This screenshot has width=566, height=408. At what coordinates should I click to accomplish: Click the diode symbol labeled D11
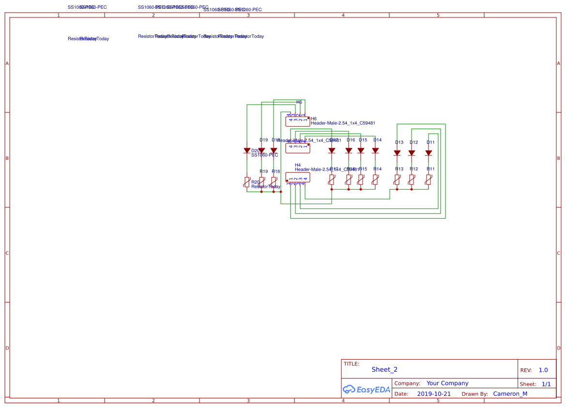(428, 152)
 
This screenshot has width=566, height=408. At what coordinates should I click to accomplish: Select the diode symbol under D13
(397, 152)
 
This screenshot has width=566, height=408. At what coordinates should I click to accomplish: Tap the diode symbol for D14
(375, 151)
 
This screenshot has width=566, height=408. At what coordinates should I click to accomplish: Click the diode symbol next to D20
(247, 151)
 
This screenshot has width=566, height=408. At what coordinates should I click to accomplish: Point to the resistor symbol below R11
(428, 180)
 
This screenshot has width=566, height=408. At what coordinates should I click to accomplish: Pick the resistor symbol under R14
(375, 180)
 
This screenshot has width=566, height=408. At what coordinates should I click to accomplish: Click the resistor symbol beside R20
(247, 182)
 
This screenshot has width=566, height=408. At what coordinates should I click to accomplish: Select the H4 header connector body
(298, 178)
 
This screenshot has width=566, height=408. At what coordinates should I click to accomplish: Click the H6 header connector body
(298, 121)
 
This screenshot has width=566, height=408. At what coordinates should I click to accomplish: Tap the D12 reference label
(413, 142)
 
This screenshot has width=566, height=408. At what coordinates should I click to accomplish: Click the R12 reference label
(413, 169)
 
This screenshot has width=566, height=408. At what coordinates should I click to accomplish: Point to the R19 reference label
(263, 171)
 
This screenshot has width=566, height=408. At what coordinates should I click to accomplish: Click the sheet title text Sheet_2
(384, 370)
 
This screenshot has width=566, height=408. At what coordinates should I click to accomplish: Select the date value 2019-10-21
(434, 394)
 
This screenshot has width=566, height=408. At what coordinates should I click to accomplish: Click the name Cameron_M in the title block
(510, 394)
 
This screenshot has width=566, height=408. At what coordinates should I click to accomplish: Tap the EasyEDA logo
(366, 389)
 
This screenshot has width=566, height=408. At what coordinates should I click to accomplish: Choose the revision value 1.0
(543, 370)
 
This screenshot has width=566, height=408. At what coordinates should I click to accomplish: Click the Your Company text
(447, 383)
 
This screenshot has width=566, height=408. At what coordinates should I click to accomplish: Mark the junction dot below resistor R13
(397, 190)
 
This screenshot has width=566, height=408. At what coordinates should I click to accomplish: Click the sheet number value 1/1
(546, 384)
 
